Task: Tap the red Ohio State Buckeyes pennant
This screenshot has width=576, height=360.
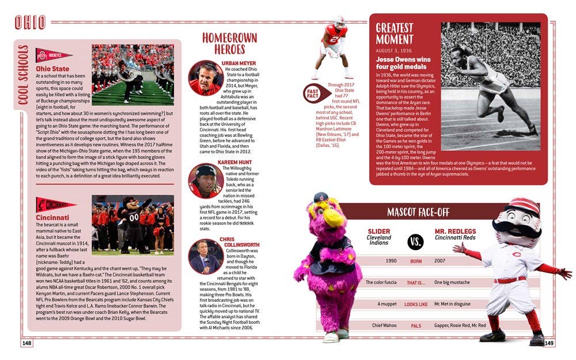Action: pos(54,56)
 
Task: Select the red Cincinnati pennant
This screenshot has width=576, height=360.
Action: pos(56,204)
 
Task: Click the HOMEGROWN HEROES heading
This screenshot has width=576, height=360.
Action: pos(222,44)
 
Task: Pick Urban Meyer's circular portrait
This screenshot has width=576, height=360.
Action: pos(206,78)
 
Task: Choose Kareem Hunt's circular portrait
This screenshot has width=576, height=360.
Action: pos(206,180)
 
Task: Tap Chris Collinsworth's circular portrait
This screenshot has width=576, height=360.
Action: pos(206,256)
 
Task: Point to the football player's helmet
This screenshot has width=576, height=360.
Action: pos(339,22)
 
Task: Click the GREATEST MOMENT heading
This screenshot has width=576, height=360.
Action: pos(395,33)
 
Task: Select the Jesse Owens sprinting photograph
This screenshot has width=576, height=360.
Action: pos(490,86)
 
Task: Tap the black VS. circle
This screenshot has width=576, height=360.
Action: pos(415,242)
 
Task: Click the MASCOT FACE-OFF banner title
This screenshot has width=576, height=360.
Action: pos(418,212)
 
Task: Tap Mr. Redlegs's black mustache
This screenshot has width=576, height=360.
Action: pos(514,228)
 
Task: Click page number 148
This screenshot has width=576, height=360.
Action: pos(26,343)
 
